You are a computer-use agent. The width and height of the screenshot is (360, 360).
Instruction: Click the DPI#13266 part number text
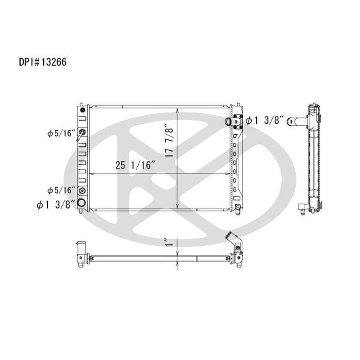42,62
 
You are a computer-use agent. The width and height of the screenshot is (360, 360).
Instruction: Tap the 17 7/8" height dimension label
170,140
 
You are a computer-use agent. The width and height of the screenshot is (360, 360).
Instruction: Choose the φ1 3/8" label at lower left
56,205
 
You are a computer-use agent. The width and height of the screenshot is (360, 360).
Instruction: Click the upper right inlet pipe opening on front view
228,122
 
